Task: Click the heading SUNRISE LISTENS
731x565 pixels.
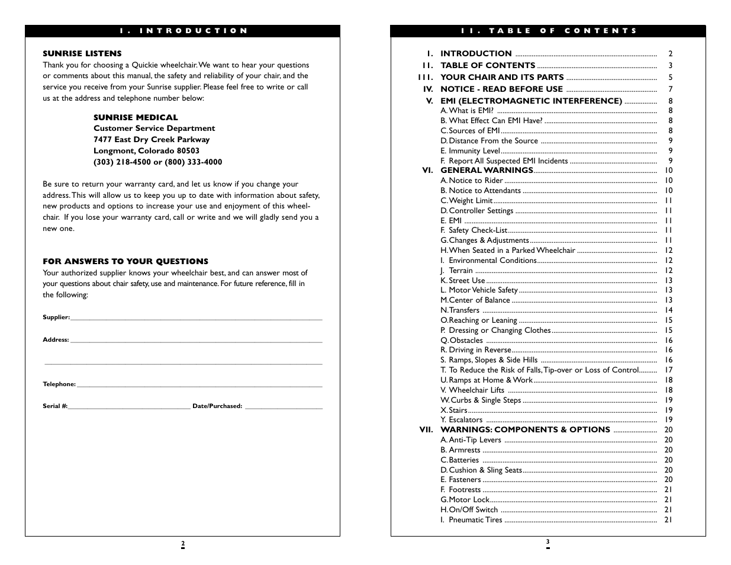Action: pyautogui.click(x=82, y=53)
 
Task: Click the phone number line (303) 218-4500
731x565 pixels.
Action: pyautogui.click(x=157, y=162)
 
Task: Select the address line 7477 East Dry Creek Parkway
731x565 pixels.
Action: pyautogui.click(x=152, y=139)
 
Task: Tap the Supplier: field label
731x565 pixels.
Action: pyautogui.click(x=56, y=317)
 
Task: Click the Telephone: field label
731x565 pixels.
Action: pyautogui.click(x=59, y=384)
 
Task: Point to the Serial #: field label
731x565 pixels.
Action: pyautogui.click(x=55, y=406)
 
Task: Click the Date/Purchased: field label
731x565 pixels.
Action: pyautogui.click(x=217, y=406)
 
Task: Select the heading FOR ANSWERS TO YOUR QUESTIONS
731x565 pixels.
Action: pyautogui.click(x=125, y=261)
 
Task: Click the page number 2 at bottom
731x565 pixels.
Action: pyautogui.click(x=183, y=544)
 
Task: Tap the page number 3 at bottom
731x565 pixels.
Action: pyautogui.click(x=548, y=542)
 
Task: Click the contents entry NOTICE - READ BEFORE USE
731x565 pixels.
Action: pyautogui.click(x=501, y=89)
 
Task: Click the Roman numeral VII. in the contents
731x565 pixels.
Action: pyautogui.click(x=426, y=430)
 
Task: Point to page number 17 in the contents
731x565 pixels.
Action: pyautogui.click(x=668, y=370)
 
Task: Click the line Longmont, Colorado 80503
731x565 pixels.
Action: pyautogui.click(x=146, y=150)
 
